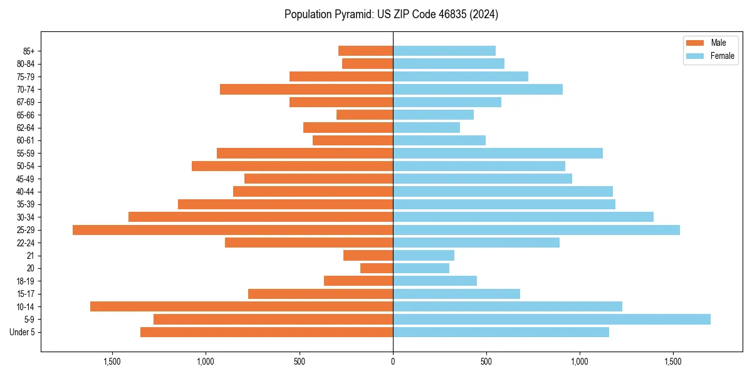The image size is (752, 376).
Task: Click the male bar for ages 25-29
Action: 232,230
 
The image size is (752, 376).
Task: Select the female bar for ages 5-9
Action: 551,320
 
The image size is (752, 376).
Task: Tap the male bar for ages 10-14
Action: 241,306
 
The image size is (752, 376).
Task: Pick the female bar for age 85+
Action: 444,51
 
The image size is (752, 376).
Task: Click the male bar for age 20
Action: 377,268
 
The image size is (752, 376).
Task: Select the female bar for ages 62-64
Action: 426,128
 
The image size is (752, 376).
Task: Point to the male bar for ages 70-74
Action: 306,90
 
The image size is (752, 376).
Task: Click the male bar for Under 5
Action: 266,332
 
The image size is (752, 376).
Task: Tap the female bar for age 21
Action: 424,256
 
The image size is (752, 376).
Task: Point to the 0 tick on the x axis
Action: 393,362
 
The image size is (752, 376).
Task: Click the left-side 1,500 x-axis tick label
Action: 112,362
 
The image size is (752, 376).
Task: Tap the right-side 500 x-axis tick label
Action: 486,362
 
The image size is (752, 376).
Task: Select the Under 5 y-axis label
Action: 22,332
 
